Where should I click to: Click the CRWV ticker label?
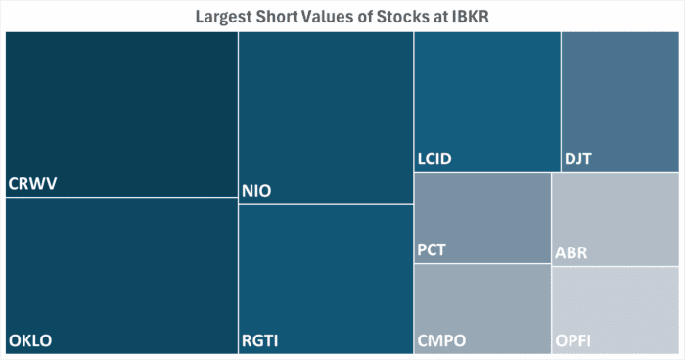(x=32, y=184)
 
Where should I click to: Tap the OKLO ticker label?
(x=30, y=340)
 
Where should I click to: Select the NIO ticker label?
(x=257, y=190)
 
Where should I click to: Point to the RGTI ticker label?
(x=261, y=340)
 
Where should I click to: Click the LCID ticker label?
(x=436, y=158)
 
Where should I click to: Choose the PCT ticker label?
(x=432, y=249)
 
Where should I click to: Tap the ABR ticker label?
(x=571, y=252)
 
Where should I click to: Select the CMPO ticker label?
(x=441, y=340)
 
